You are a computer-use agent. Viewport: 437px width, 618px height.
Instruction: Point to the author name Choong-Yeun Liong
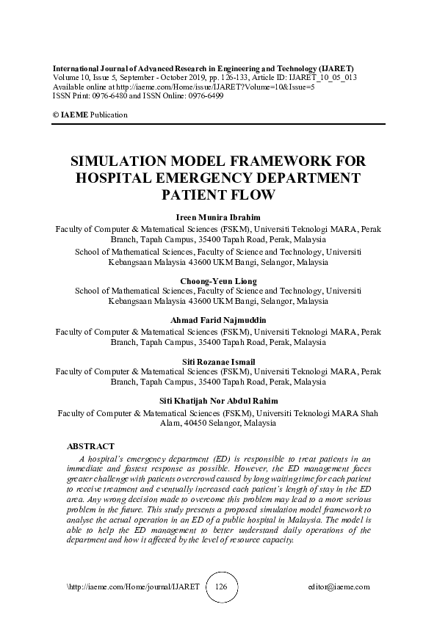tap(218, 281)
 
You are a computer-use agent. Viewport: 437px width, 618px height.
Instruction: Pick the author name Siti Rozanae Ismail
tap(218, 362)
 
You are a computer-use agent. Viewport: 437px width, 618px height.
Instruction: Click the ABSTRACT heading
tap(90, 446)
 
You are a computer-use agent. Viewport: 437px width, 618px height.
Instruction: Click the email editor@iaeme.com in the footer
tap(339, 587)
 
